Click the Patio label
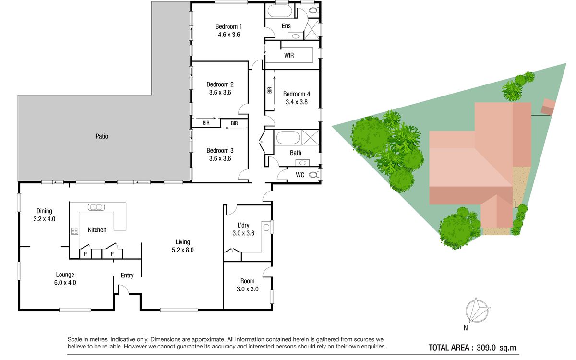(102, 136)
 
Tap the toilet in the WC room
(314, 175)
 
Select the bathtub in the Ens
(280, 11)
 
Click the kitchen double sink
(96, 207)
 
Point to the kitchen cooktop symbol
(74, 231)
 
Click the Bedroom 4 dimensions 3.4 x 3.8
(297, 102)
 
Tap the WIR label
(289, 55)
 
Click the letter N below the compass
(466, 328)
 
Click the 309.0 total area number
(486, 348)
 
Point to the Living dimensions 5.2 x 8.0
(182, 250)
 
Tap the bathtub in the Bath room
(288, 138)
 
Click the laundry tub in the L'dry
(266, 228)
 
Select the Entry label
(127, 276)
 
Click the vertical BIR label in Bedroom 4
(269, 90)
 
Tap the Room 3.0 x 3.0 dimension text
(247, 289)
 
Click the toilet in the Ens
(314, 11)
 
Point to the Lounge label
(65, 275)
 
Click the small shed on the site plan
(548, 107)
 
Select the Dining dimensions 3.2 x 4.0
(44, 219)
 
